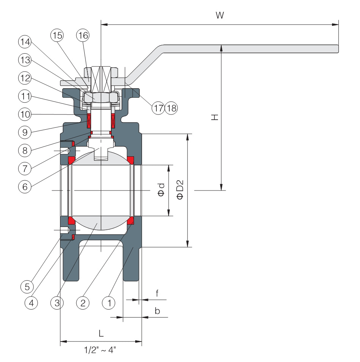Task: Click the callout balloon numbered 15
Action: point(57,35)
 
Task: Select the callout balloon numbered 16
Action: point(83,35)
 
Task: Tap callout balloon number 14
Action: point(25,42)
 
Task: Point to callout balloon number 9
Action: point(25,132)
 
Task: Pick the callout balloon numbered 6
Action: point(25,187)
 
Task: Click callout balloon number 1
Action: point(109,303)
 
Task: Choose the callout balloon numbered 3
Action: point(57,303)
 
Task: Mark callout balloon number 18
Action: point(171,108)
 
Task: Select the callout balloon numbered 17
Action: point(158,108)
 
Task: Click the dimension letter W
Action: point(220,15)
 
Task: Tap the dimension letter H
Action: point(215,117)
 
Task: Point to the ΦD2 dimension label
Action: point(180,189)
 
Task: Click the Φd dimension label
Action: point(161,190)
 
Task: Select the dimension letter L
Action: point(101,333)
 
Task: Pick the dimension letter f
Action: point(157,293)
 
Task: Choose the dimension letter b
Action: point(157,311)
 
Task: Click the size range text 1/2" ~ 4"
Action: point(100,350)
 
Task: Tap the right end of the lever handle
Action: point(338,49)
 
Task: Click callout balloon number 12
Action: point(25,78)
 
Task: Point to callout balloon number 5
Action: point(27,287)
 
